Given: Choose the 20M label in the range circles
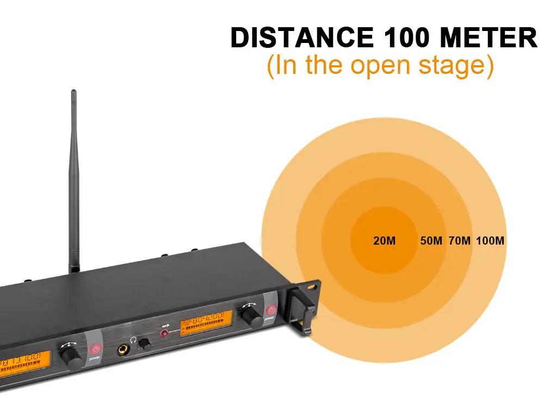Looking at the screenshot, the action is (384, 240).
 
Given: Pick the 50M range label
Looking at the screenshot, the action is (431, 240).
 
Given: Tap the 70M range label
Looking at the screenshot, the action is (460, 240).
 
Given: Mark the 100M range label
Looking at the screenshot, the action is (490, 240).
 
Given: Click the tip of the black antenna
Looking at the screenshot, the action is (74, 92).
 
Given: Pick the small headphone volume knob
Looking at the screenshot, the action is (144, 344).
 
